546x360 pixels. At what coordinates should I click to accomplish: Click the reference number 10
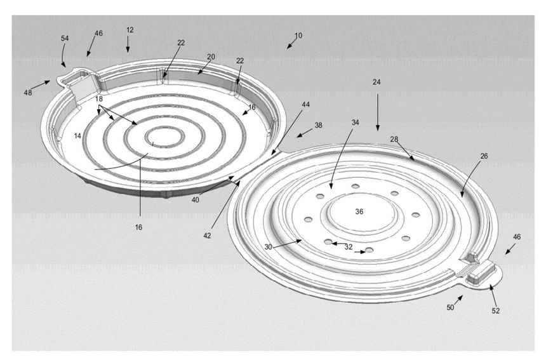[x=298, y=36]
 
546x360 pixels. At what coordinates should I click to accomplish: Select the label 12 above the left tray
[x=130, y=30]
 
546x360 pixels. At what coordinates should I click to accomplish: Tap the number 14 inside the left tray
[x=77, y=136]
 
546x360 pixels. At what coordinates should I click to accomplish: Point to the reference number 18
[x=99, y=99]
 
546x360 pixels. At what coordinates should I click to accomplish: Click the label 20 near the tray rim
[x=211, y=57]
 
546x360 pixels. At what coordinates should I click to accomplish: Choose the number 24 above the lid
[x=376, y=82]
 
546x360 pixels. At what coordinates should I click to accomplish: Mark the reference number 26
[x=484, y=156]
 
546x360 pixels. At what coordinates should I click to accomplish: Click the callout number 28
[x=394, y=139]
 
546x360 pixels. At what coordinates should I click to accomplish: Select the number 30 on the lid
[x=268, y=247]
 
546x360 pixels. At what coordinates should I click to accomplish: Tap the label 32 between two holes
[x=349, y=247]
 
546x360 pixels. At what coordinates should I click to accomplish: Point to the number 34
[x=355, y=123]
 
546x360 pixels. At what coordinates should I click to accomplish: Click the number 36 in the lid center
[x=359, y=211]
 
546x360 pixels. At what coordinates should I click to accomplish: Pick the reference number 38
[x=318, y=125]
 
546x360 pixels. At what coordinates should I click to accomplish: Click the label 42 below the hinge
[x=207, y=236]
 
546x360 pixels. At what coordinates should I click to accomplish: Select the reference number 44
[x=306, y=105]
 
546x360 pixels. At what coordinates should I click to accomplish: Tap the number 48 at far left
[x=28, y=93]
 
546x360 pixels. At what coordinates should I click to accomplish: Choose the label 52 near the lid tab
[x=495, y=311]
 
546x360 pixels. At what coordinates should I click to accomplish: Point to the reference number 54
[x=65, y=38]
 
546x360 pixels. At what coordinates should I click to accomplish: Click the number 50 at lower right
[x=450, y=307]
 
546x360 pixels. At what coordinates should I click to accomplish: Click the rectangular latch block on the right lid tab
[x=482, y=272]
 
